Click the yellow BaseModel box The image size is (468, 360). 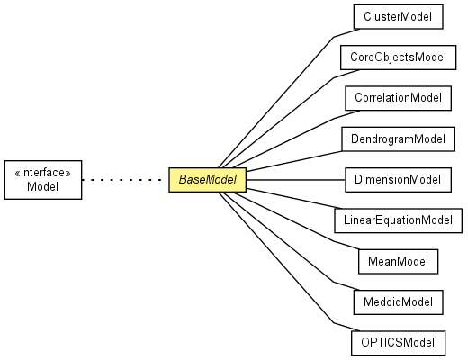pyautogui.click(x=207, y=180)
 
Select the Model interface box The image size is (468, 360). pyautogui.click(x=43, y=180)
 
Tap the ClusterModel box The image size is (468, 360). pyautogui.click(x=399, y=17)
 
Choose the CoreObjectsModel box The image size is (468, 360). pyautogui.click(x=399, y=58)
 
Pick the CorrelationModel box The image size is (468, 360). pyautogui.click(x=399, y=98)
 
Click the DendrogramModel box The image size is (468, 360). pyautogui.click(x=399, y=139)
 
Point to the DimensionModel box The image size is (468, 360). pyautogui.click(x=399, y=180)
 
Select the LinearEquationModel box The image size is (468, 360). pyautogui.click(x=399, y=220)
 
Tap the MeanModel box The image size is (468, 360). pyautogui.click(x=399, y=262)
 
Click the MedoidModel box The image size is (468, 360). pyautogui.click(x=399, y=302)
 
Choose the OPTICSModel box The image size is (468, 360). pyautogui.click(x=399, y=343)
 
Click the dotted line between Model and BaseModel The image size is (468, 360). pyautogui.click(x=121, y=180)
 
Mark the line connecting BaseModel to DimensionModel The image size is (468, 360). pyautogui.click(x=295, y=180)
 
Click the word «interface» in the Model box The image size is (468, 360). pyautogui.click(x=43, y=173)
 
